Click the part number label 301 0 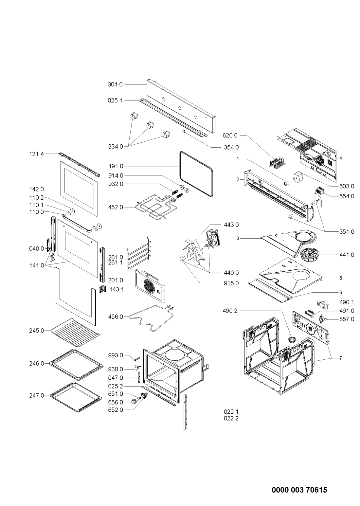click(115, 84)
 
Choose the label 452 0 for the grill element click(115, 207)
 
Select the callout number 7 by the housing click(340, 358)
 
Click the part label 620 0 click(230, 135)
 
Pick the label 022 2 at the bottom click(231, 418)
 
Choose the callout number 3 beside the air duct click(239, 239)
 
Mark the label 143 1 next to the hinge click(117, 289)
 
